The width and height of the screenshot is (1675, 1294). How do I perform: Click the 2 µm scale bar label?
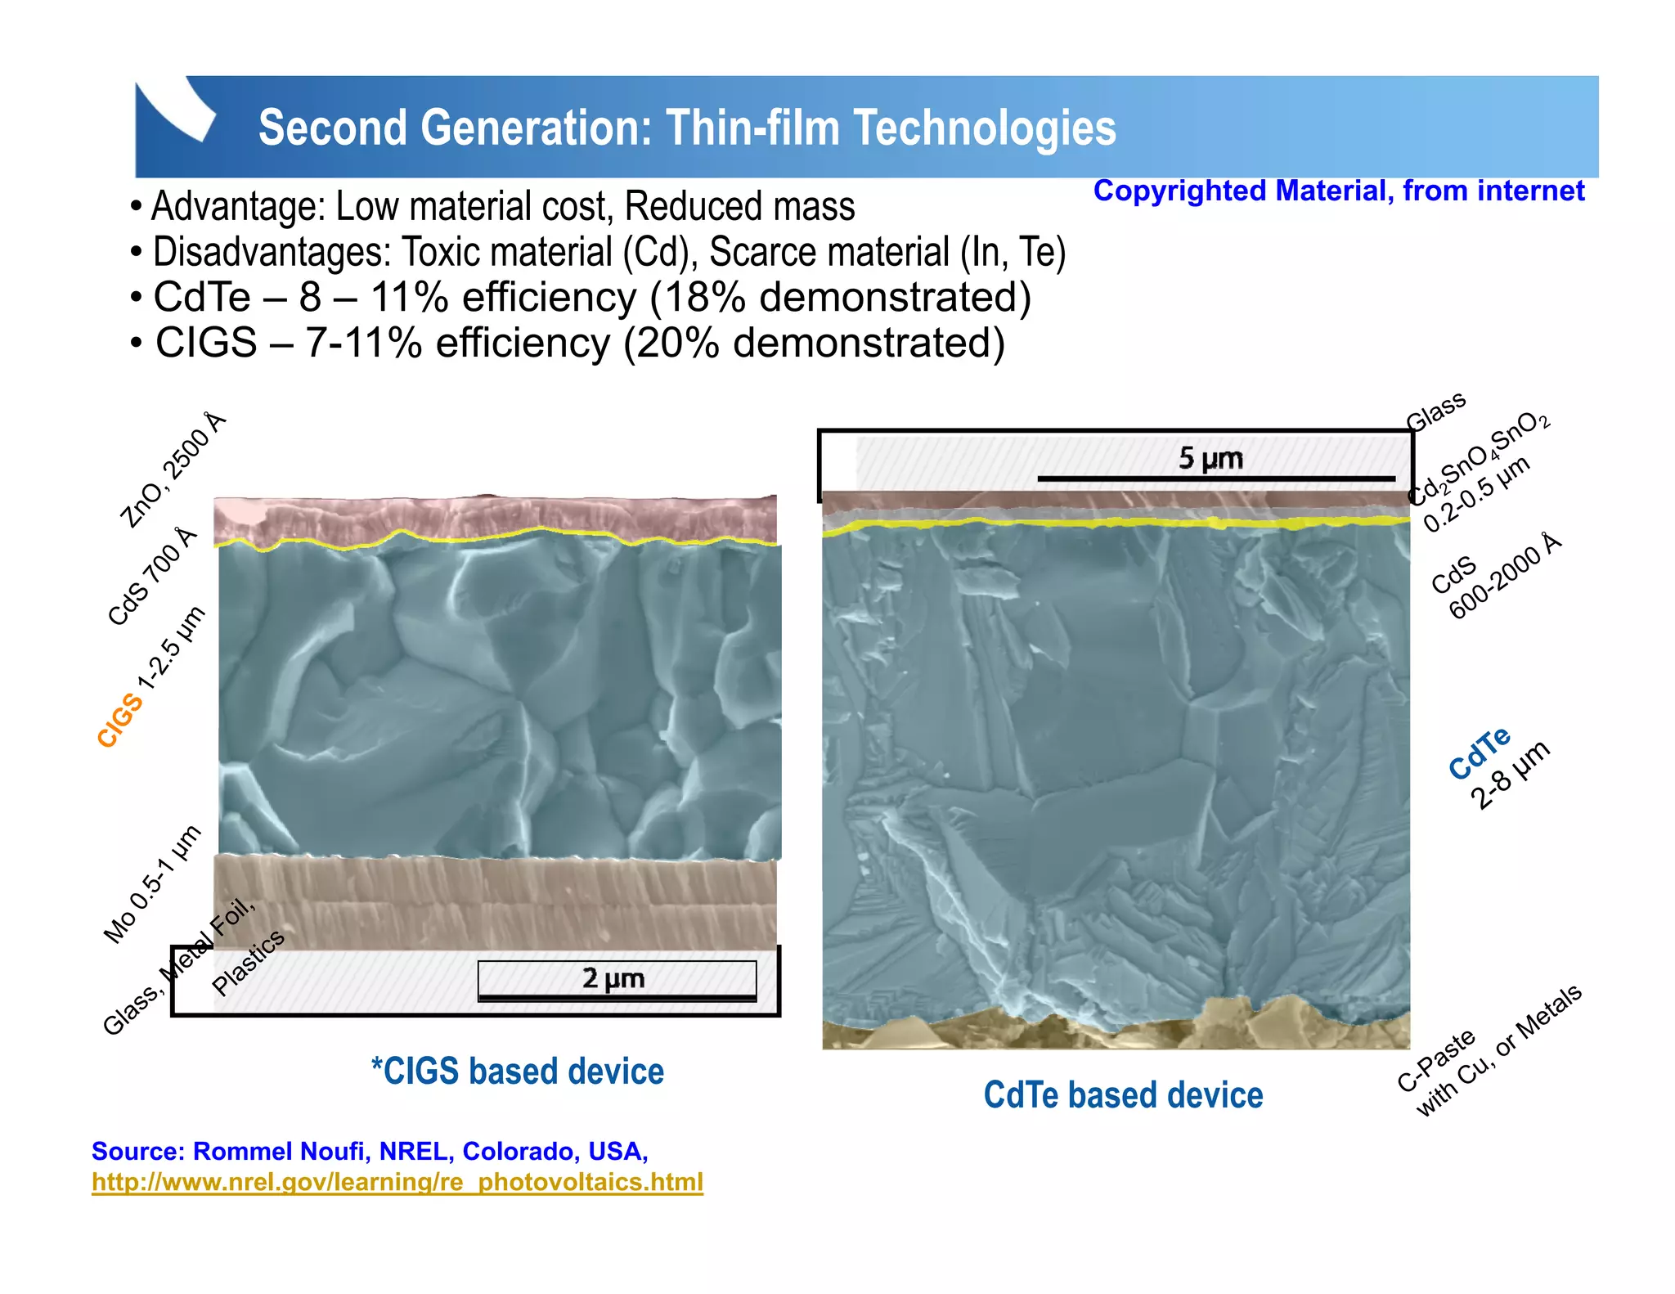coord(613,978)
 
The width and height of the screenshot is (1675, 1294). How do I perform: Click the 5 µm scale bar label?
coord(1210,458)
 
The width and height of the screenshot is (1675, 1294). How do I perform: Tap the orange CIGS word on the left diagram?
coord(119,720)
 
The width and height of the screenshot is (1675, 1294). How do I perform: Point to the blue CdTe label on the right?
coord(1479,753)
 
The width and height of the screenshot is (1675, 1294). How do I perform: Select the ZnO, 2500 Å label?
coord(172,470)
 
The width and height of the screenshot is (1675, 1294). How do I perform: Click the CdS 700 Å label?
coord(153,577)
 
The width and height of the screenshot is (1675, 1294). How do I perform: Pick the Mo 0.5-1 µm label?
coord(152,884)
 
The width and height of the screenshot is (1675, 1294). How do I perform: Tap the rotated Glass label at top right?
coord(1435,411)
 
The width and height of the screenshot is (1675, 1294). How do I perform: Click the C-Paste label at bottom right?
coord(1436,1061)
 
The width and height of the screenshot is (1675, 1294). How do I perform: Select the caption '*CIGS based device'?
coord(517,1072)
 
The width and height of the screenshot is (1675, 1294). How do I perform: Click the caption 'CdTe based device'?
coord(1123,1095)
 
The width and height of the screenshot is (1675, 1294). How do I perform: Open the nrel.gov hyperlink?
coord(397,1182)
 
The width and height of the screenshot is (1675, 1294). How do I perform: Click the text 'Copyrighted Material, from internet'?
coord(1338,191)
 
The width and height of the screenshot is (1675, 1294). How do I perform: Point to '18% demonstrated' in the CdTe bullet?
coord(840,297)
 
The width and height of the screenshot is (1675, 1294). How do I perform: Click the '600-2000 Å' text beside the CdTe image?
coord(1505,577)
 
